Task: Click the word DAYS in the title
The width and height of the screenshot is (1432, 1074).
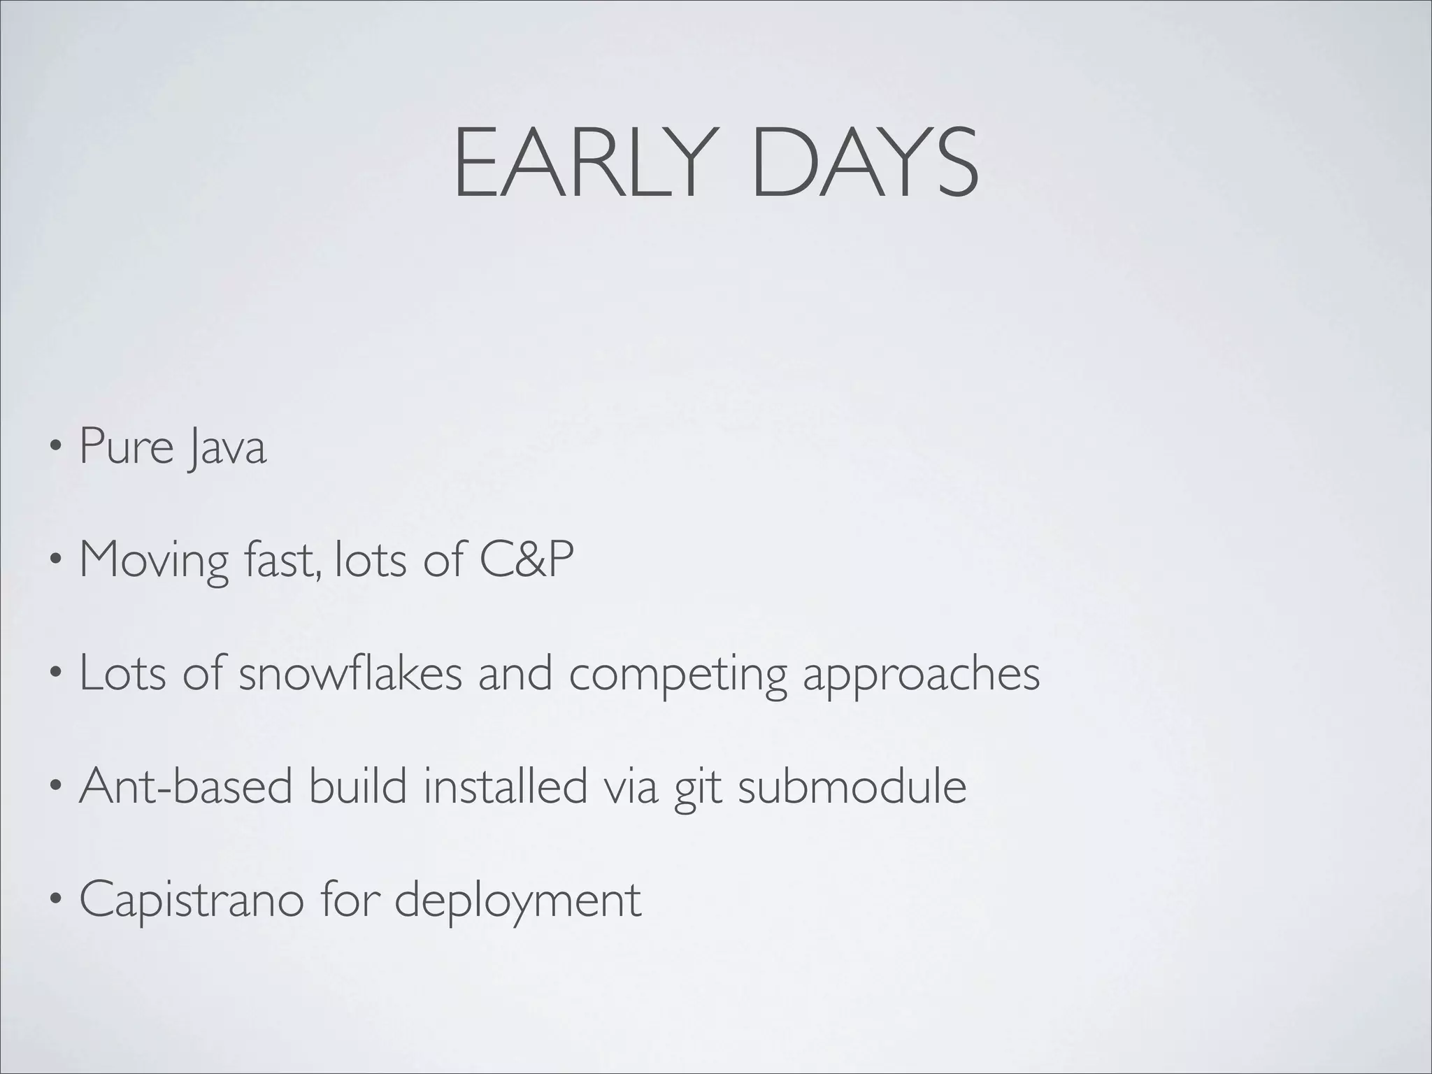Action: coord(864,164)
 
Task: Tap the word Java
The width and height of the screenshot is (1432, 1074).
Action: coord(227,447)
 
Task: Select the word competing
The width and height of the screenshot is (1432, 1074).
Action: coord(677,675)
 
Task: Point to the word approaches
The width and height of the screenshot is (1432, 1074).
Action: coord(921,675)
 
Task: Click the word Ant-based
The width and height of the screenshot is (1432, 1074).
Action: coord(186,786)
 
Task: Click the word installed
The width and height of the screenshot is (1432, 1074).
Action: coord(506,786)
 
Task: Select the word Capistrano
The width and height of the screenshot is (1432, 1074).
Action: coord(192,901)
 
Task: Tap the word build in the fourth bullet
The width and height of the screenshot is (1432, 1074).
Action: coord(357,786)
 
